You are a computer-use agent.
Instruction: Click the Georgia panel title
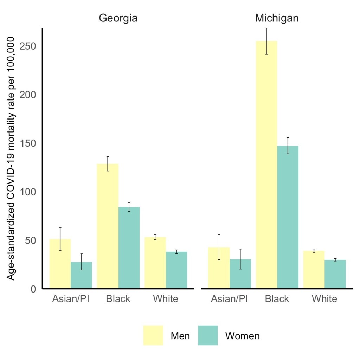(x=118, y=18)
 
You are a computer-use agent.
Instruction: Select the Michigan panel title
(x=277, y=18)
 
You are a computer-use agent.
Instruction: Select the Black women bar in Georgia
(x=129, y=247)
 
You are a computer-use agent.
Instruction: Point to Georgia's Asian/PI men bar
(x=60, y=264)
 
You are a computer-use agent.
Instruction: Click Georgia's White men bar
(x=155, y=263)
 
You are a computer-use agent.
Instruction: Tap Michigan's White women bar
(x=335, y=274)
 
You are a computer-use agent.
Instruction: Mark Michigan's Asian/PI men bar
(x=219, y=268)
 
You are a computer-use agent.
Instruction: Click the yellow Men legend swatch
(x=153, y=335)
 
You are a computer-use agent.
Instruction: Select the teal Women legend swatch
(x=208, y=335)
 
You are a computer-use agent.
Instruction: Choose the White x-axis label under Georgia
(x=166, y=299)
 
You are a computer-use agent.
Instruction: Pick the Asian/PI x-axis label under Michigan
(x=230, y=299)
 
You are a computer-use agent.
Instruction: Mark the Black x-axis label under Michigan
(x=277, y=299)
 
